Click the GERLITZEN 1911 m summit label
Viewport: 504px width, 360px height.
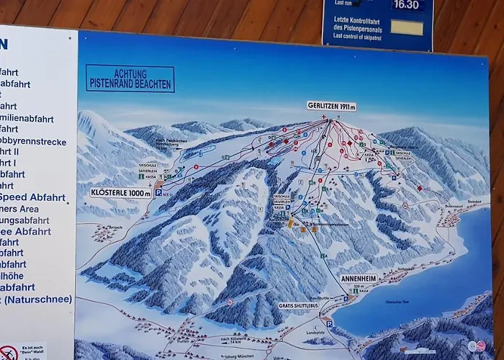point(331,107)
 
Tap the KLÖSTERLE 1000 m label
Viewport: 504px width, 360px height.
point(120,193)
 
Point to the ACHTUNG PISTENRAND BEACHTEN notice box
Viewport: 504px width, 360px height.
point(130,79)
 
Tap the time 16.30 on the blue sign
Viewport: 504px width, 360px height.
point(406,4)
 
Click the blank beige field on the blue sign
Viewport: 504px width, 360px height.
point(407,28)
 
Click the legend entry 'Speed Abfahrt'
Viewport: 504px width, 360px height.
point(32,197)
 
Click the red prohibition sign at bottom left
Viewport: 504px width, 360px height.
point(9,353)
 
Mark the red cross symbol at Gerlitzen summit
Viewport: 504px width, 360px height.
point(323,117)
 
